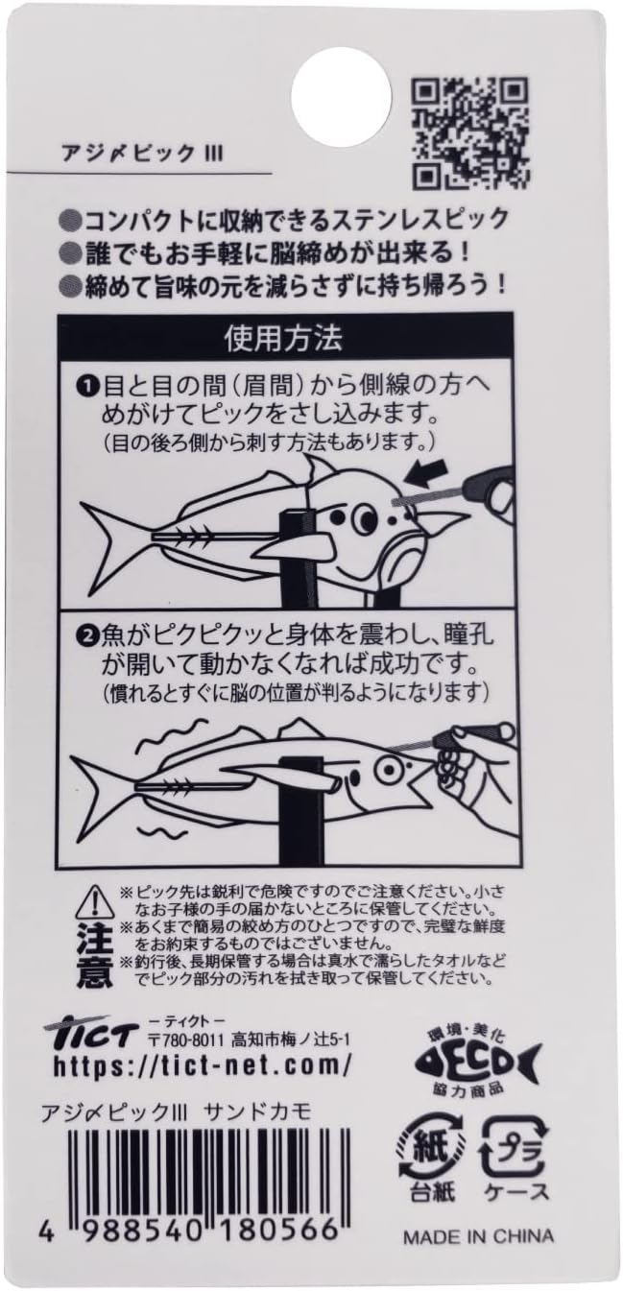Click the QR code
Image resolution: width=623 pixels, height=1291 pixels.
click(x=471, y=133)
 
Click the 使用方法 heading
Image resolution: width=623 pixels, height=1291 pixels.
click(x=283, y=338)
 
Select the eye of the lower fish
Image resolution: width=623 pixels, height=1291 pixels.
click(x=387, y=767)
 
